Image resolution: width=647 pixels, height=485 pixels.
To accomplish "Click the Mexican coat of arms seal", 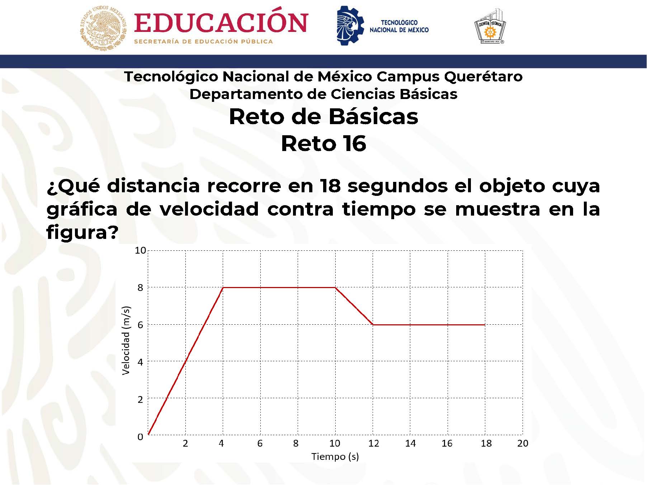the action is (103, 28).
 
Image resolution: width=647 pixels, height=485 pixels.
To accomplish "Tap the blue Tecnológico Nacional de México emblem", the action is (350, 25).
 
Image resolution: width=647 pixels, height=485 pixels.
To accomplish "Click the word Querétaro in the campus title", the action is (483, 76).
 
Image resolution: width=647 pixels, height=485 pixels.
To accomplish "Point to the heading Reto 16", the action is (323, 143).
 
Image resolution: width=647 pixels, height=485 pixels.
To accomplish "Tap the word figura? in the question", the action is (82, 233).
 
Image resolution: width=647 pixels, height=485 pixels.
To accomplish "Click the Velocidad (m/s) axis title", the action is (126, 340).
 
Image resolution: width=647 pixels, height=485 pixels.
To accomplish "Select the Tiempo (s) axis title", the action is (335, 457).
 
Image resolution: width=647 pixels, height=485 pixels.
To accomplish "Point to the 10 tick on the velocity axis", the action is (140, 250).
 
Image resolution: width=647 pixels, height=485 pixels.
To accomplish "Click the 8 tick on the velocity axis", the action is (140, 287).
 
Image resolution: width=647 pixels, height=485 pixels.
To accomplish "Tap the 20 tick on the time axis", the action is (523, 443).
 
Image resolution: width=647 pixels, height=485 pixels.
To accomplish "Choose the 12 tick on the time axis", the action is (373, 443).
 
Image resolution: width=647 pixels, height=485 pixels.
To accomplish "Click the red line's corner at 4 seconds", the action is (223, 287).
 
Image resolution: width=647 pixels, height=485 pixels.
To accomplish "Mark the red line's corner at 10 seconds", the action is (335, 287).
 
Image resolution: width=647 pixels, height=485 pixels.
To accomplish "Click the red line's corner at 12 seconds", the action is (373, 325).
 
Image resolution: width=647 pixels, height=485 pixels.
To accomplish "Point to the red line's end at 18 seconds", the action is (485, 325).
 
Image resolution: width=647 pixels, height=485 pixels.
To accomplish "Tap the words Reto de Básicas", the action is (323, 117).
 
